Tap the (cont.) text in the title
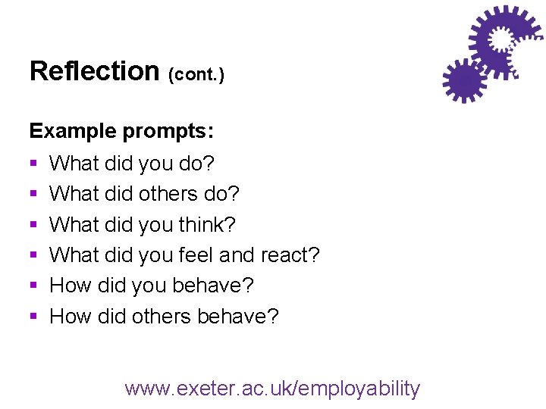[196, 75]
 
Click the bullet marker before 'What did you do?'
[33, 164]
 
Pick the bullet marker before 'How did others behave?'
[33, 317]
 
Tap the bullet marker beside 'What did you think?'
[33, 225]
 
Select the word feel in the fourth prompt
[195, 255]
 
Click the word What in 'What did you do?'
[74, 164]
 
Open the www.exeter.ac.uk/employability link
[272, 389]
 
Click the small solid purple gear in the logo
[464, 80]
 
